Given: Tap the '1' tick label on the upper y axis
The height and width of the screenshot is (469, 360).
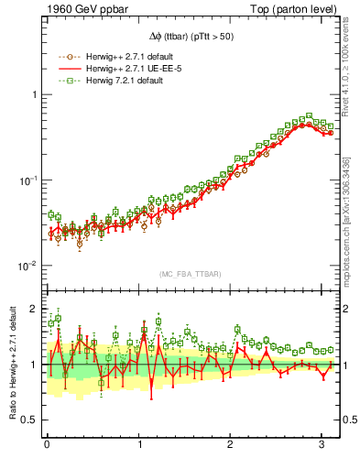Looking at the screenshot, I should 32,95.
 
